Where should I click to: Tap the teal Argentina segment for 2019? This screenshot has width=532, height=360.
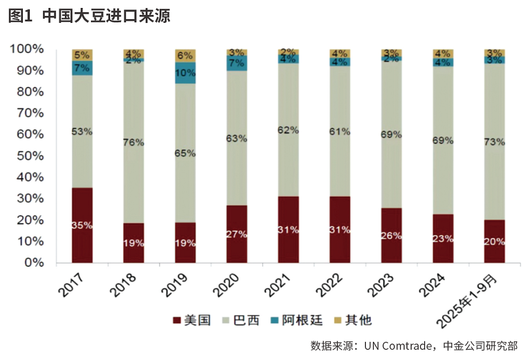tap(185, 73)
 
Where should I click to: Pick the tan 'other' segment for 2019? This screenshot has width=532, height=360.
tap(185, 55)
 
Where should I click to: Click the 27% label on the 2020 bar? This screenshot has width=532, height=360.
tap(237, 234)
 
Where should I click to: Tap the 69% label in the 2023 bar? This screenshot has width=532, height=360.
tap(392, 135)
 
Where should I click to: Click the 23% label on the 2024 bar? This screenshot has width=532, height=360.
tap(443, 239)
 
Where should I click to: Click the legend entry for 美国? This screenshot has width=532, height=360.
tap(192, 320)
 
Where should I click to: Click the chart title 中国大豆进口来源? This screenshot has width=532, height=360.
tap(106, 15)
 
